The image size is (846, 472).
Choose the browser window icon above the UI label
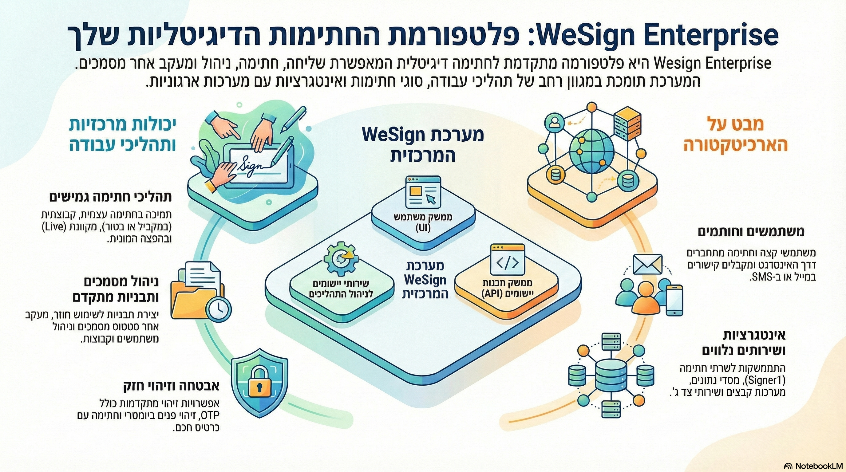(x=423, y=192)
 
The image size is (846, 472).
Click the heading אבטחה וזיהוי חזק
(x=171, y=386)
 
